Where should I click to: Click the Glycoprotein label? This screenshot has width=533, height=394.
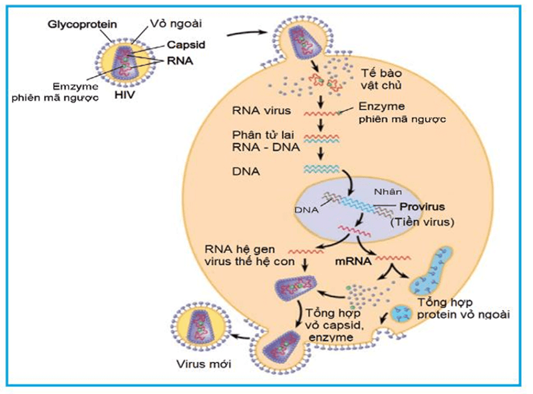(82, 24)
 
